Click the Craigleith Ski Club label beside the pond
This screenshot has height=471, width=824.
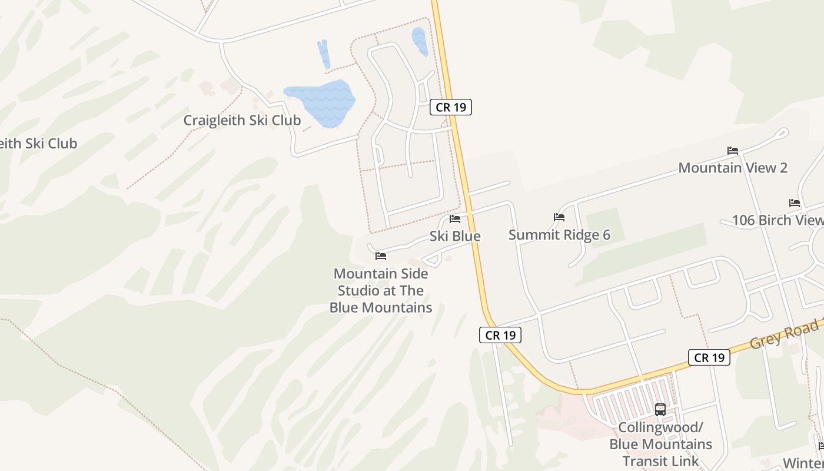point(242,121)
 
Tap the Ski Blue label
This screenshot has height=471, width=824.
point(455,236)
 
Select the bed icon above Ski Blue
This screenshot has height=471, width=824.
point(455,220)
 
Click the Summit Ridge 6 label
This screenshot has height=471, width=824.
point(559,235)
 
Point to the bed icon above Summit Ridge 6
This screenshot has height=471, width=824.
point(559,218)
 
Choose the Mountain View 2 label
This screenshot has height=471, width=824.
point(733,168)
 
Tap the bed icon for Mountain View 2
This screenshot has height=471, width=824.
point(733,151)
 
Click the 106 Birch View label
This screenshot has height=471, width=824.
point(777,220)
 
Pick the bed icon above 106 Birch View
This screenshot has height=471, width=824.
point(795,203)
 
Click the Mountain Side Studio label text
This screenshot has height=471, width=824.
point(381,290)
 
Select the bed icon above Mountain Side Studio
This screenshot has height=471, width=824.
point(381,256)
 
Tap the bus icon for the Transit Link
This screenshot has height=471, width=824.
point(660,410)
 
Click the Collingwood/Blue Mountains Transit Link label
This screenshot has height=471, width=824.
point(660,444)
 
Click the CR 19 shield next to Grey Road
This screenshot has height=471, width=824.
point(709,357)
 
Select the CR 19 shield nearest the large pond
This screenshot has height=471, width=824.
point(451,107)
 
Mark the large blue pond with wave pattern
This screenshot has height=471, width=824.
point(321,100)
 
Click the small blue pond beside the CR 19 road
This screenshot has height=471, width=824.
point(420,41)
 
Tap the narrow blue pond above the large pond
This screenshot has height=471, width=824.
point(323,53)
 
